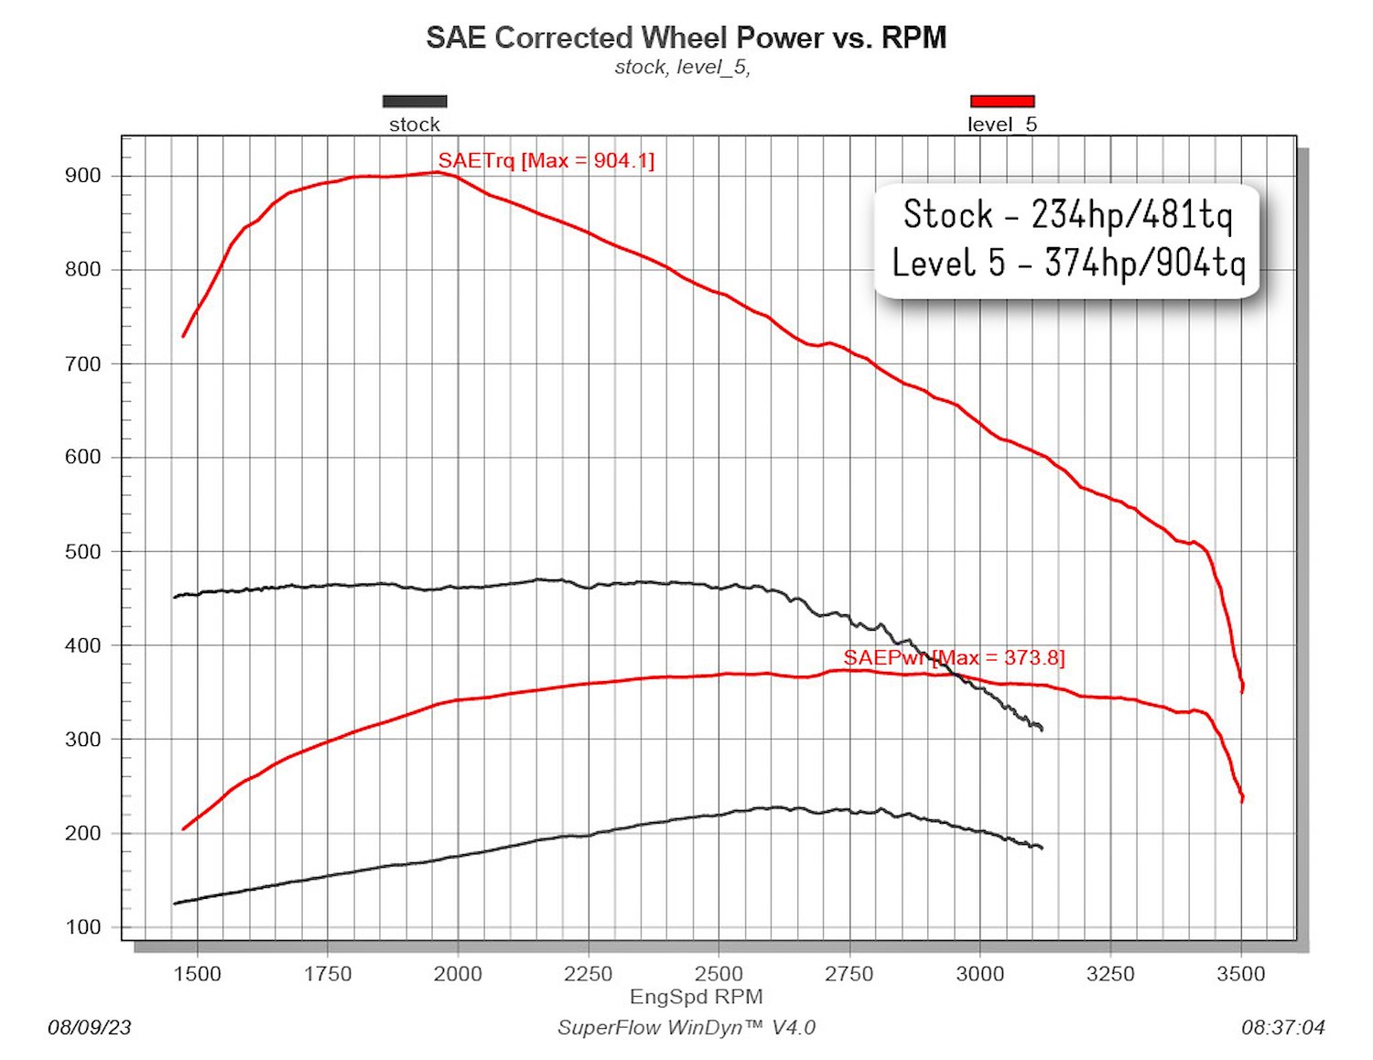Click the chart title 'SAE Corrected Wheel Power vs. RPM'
(686, 38)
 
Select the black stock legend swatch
(415, 101)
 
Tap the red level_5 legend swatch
(1002, 101)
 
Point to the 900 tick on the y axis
(82, 176)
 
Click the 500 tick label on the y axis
(82, 551)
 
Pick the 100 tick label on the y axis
(82, 926)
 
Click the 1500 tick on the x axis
(197, 973)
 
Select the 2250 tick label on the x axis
(589, 973)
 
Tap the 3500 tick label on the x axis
(1241, 973)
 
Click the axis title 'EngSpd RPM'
(697, 997)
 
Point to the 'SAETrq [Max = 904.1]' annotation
(546, 160)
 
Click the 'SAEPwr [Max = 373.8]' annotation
(954, 657)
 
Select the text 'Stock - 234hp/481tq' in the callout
(1068, 215)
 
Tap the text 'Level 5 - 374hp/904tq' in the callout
(1068, 263)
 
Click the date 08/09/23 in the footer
(90, 1028)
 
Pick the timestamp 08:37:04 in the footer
(1282, 1028)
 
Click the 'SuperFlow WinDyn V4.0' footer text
(686, 1028)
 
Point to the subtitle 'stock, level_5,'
(683, 67)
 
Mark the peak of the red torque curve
(438, 172)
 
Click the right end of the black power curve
(1042, 848)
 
